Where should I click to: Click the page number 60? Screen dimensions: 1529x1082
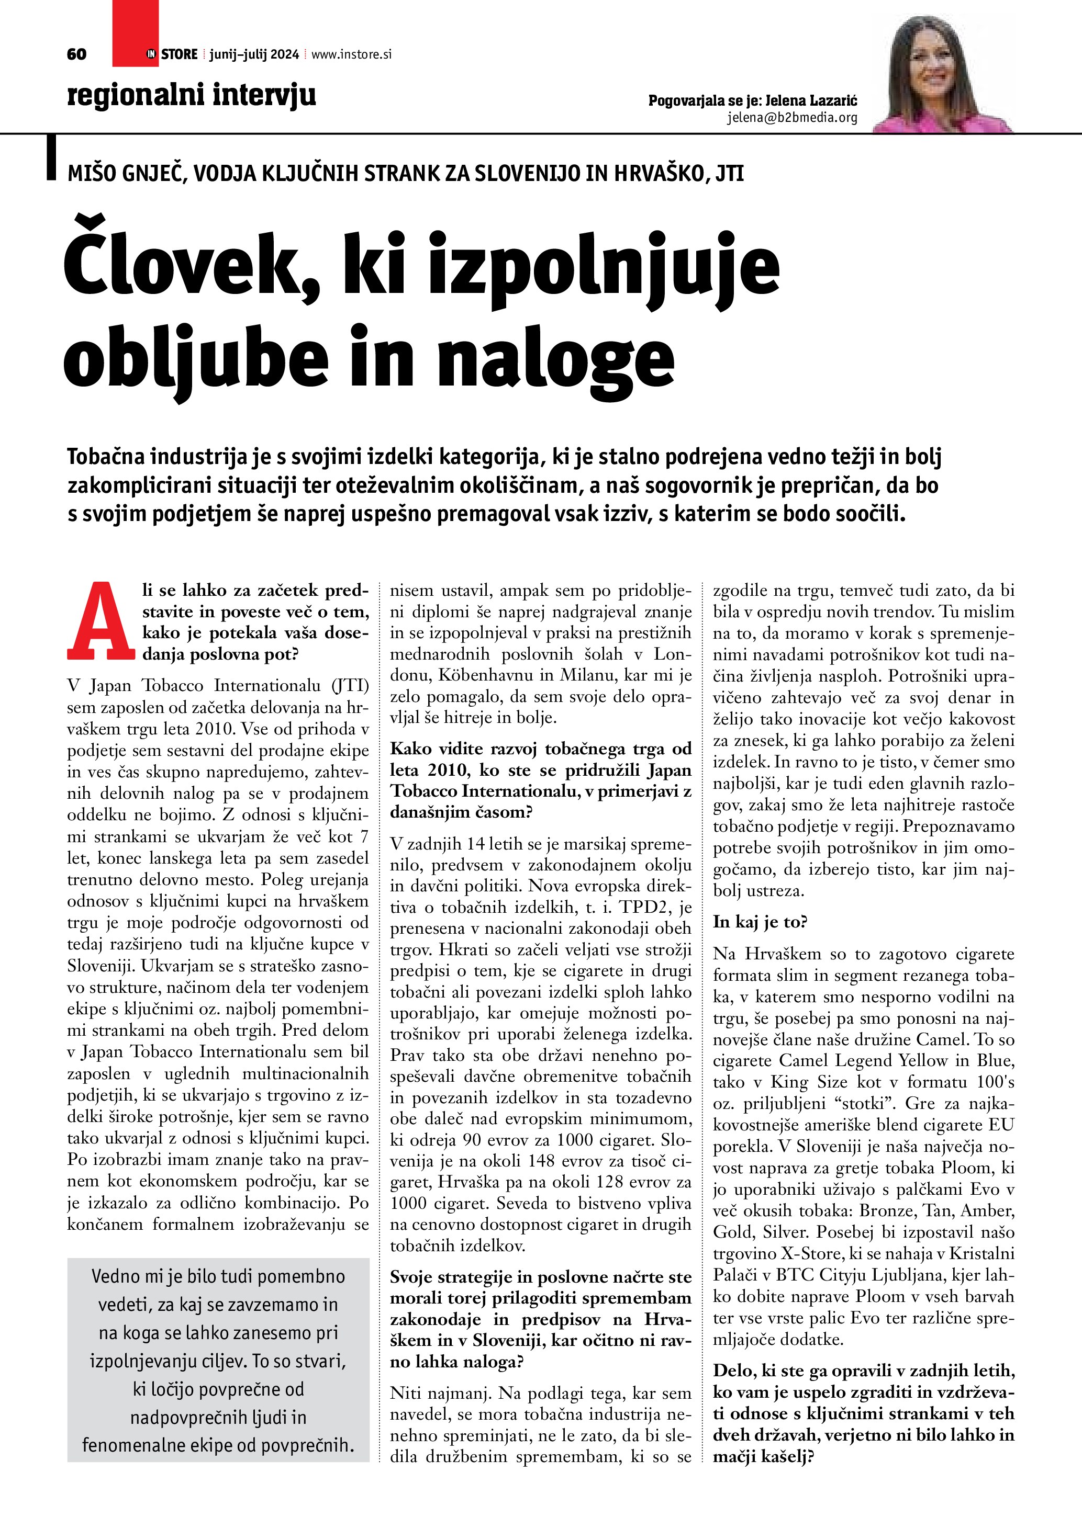[76, 54]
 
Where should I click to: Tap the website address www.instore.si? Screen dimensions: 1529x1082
[351, 54]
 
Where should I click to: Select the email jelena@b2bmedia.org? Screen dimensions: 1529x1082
[791, 118]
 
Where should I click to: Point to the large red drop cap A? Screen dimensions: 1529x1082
[101, 621]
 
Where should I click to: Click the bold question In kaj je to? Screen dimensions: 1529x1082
[760, 922]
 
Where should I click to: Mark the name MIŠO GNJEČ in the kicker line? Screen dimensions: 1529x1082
[127, 173]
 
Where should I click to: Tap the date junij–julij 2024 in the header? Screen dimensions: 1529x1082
[254, 54]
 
